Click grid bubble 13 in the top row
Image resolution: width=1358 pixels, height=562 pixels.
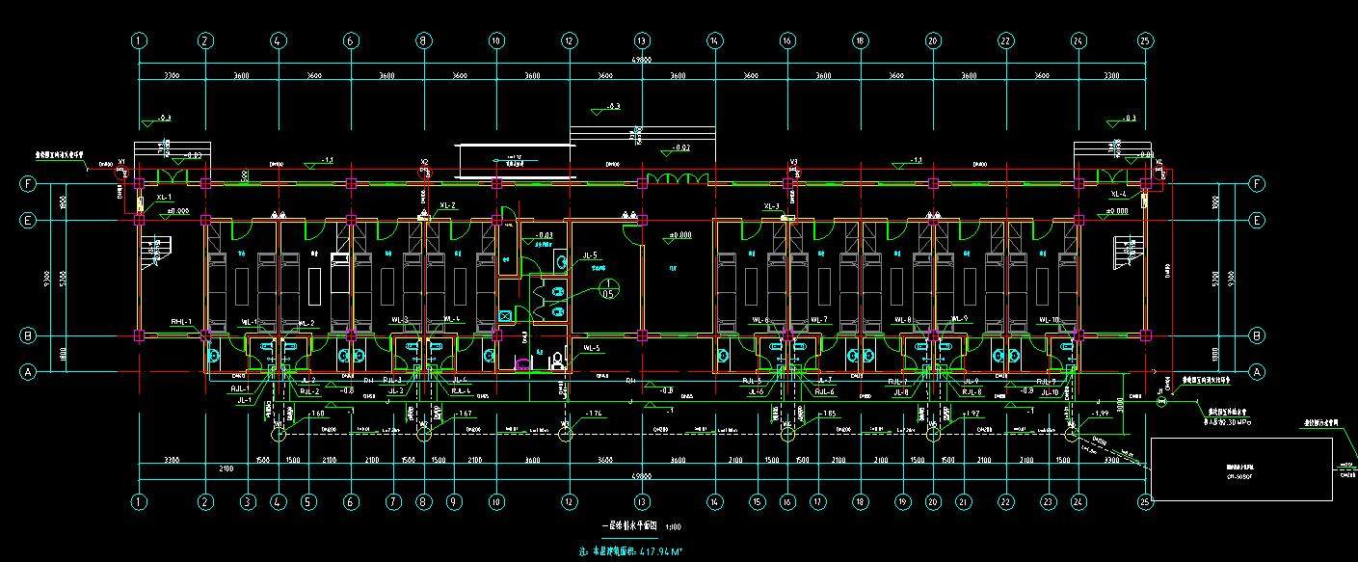[x=641, y=41]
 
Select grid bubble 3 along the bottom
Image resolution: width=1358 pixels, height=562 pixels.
[x=248, y=501]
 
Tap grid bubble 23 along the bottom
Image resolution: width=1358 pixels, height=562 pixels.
[x=1047, y=501]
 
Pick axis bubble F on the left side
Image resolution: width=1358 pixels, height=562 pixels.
[x=29, y=183]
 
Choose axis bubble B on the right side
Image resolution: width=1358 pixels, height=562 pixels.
[x=1257, y=335]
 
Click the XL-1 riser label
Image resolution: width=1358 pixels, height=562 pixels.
[x=163, y=196]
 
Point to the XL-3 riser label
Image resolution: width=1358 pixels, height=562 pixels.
[x=771, y=206]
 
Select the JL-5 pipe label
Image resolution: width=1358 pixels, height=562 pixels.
[x=590, y=256]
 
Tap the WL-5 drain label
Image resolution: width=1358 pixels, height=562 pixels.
[x=592, y=348]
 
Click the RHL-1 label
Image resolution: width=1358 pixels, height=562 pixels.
[x=182, y=321]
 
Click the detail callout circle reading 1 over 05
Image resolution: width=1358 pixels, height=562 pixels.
[x=608, y=289]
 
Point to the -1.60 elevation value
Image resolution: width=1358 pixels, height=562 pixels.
[x=318, y=414]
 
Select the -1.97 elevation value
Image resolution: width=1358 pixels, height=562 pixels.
[x=1098, y=414]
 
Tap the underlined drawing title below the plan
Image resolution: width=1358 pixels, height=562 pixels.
[x=629, y=526]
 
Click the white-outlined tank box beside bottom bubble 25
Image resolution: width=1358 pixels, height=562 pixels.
[x=1242, y=468]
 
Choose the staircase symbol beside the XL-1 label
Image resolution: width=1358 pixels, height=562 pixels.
[x=154, y=252]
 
